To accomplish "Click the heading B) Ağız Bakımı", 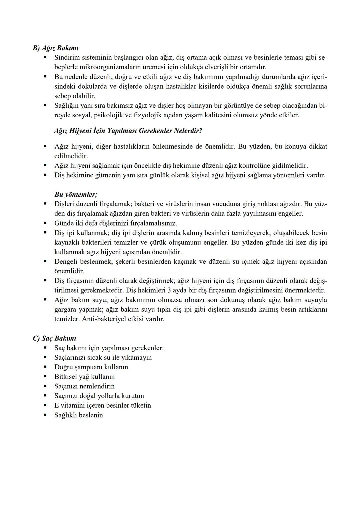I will tap(55, 48).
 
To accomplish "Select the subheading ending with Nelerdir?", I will tap(128, 130).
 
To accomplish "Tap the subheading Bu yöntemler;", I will tap(76, 194).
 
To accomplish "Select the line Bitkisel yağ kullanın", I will tap(84, 377).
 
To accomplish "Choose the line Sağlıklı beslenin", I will tap(78, 415).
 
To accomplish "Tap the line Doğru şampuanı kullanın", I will tap(91, 367).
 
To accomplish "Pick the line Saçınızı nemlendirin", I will tap(84, 386).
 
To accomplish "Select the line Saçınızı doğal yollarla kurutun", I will tap(99, 396).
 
